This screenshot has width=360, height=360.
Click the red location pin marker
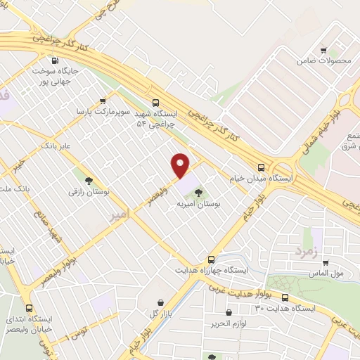pyautogui.click(x=181, y=165)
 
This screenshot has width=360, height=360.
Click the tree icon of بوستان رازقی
pyautogui.click(x=89, y=179)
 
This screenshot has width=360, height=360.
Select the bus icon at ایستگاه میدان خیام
pyautogui.click(x=261, y=167)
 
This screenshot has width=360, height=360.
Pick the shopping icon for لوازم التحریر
pyautogui.click(x=229, y=311)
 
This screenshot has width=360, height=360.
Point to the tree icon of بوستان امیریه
pyautogui.click(x=200, y=192)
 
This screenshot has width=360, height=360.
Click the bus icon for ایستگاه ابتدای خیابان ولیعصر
pyautogui.click(x=29, y=307)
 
